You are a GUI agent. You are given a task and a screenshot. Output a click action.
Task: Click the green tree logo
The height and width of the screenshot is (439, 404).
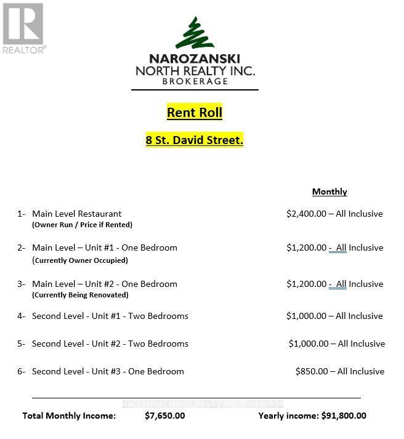[194, 34]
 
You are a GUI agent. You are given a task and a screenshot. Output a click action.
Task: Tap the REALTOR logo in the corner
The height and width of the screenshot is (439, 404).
[23, 28]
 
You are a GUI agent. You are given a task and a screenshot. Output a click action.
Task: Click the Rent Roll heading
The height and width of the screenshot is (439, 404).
[194, 112]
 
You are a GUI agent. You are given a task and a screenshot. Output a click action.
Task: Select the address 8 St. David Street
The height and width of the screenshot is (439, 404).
[194, 140]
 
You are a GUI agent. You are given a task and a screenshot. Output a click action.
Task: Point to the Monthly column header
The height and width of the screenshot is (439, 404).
[329, 191]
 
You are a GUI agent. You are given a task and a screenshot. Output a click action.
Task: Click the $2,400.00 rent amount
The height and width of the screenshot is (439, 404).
[306, 214]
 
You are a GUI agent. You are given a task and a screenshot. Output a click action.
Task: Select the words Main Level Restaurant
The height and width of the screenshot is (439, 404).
[77, 214]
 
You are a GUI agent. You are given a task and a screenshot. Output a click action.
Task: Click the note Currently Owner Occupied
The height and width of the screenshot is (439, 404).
[80, 260]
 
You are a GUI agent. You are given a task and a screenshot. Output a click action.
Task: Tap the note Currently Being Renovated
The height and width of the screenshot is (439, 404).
[80, 295]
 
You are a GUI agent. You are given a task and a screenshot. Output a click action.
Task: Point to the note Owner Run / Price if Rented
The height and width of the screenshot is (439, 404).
[82, 225]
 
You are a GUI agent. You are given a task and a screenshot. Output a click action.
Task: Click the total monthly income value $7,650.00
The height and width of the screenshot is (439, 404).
[164, 416]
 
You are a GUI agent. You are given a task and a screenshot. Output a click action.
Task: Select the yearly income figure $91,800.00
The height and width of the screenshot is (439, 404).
[344, 416]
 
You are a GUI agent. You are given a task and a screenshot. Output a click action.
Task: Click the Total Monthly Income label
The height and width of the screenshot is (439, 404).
[69, 416]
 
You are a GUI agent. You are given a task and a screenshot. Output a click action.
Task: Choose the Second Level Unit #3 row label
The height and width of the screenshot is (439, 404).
[108, 371]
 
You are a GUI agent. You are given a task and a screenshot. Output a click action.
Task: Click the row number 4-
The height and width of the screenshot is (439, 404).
[21, 316]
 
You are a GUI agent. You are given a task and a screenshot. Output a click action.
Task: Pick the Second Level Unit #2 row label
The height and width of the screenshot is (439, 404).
[110, 344]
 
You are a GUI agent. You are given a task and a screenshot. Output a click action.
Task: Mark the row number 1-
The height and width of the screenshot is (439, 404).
[21, 214]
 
